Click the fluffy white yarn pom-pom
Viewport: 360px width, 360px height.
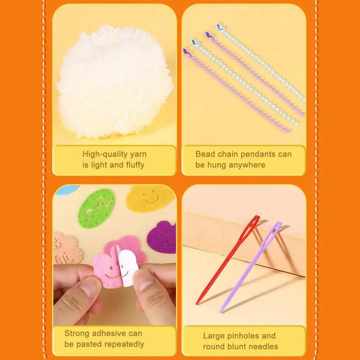pyautogui.click(x=115, y=82)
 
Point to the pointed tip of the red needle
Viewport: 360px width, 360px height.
pyautogui.click(x=197, y=303)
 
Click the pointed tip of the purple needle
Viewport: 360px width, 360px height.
pyautogui.click(x=220, y=312)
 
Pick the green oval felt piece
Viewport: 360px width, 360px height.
pyautogui.click(x=96, y=208)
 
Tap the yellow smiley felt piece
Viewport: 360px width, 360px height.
pyautogui.click(x=149, y=198)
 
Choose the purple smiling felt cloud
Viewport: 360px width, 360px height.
pyautogui.click(x=162, y=237)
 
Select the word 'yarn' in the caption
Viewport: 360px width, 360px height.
pyautogui.click(x=138, y=154)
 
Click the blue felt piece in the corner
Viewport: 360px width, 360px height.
pyautogui.click(x=66, y=190)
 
